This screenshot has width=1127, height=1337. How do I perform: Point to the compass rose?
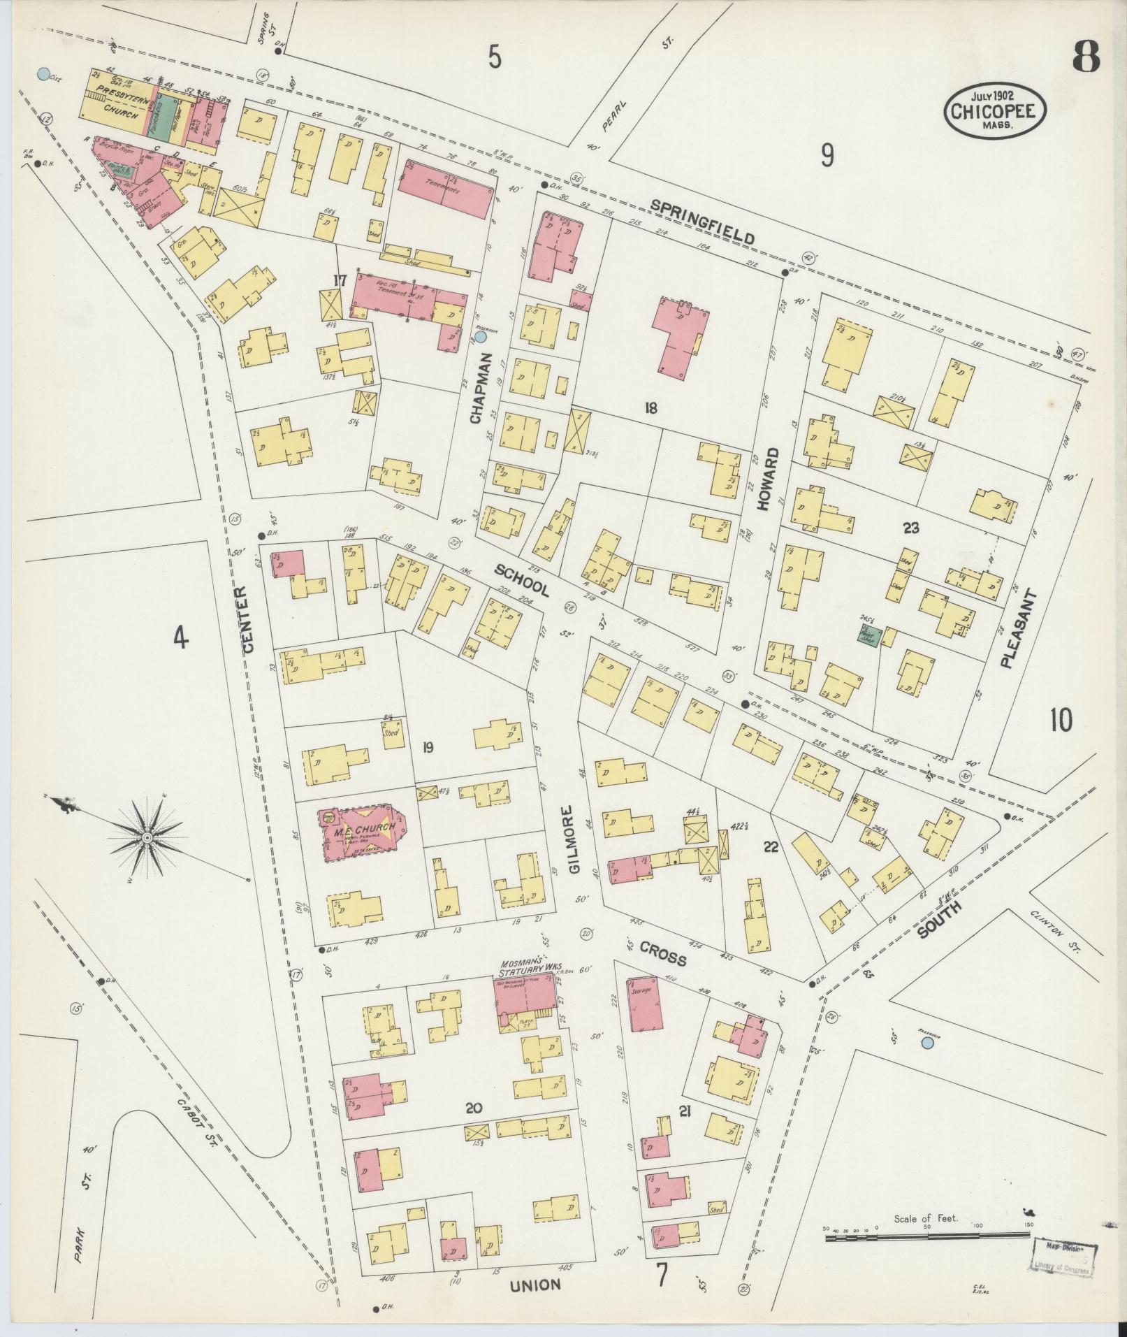(148, 837)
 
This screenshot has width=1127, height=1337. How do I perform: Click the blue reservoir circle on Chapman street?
(481, 337)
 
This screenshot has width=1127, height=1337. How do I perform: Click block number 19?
(428, 748)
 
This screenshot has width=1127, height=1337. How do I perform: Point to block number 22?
(771, 847)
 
